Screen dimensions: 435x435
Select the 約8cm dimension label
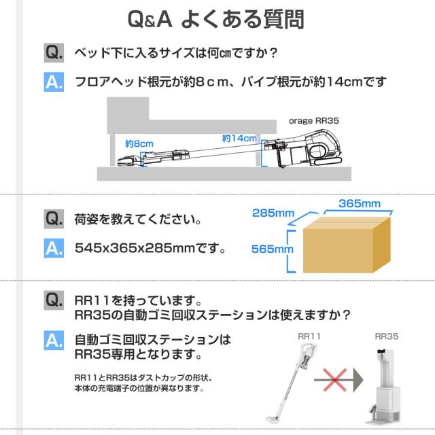click(139, 143)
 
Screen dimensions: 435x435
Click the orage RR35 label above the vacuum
click(314, 120)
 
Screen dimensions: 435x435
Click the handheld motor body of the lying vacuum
click(319, 148)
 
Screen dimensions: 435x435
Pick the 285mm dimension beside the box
click(273, 213)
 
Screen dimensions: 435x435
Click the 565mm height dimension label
click(273, 249)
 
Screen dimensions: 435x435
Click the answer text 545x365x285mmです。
click(151, 249)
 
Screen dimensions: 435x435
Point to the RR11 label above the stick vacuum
click(309, 335)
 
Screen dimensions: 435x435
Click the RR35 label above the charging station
click(386, 335)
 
